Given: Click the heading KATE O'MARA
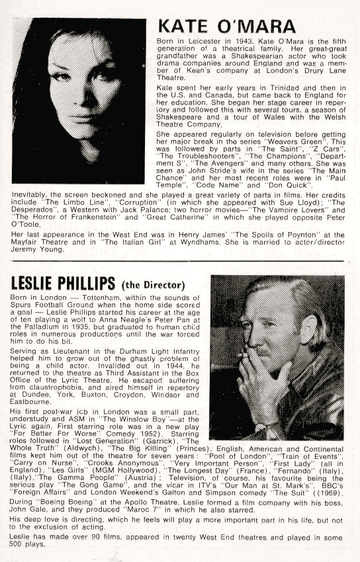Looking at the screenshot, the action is pos(226,26).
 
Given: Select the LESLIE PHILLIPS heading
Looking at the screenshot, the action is pos(62,283).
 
